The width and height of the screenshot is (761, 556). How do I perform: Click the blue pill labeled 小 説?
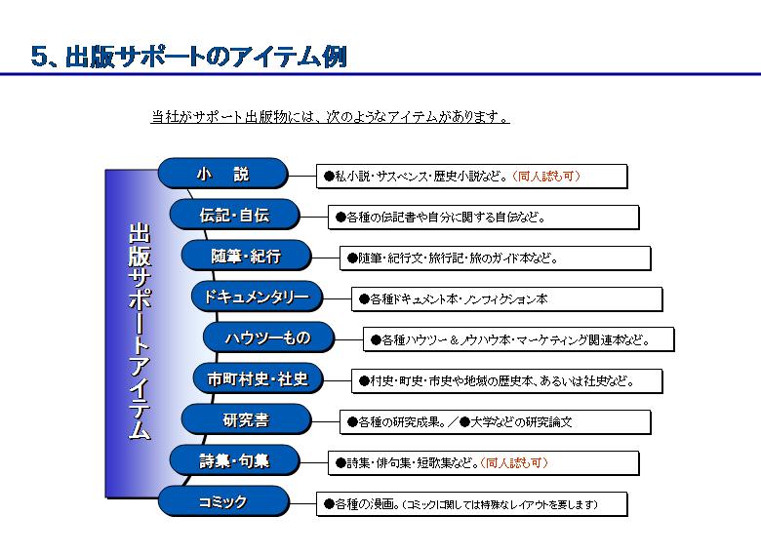click(222, 174)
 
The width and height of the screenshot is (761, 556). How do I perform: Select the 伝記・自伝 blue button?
click(234, 215)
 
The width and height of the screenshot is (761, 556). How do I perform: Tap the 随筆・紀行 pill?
click(246, 256)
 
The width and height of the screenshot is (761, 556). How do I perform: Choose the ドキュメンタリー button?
click(257, 297)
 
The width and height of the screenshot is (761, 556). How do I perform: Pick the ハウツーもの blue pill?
click(268, 338)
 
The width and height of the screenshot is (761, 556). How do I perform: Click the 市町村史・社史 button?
click(258, 378)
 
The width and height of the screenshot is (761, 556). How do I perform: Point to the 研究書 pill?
click(246, 419)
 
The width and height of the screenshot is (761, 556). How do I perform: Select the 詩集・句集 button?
click(234, 460)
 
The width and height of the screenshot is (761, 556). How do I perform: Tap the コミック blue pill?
click(222, 501)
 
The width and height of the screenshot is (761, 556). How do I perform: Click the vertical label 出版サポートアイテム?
click(140, 331)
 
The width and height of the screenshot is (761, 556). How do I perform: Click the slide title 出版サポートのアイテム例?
click(189, 57)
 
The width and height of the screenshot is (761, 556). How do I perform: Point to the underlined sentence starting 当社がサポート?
click(330, 117)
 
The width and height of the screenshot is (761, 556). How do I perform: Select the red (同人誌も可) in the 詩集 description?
click(514, 463)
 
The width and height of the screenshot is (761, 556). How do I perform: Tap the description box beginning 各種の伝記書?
click(483, 218)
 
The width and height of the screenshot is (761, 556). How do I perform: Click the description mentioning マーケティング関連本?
click(518, 339)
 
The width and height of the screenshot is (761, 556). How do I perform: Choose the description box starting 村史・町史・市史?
click(506, 380)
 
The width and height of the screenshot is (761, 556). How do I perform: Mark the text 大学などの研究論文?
click(521, 422)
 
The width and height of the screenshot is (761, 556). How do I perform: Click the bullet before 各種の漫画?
click(329, 504)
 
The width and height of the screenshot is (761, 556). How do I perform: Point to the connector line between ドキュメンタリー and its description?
click(338, 298)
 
